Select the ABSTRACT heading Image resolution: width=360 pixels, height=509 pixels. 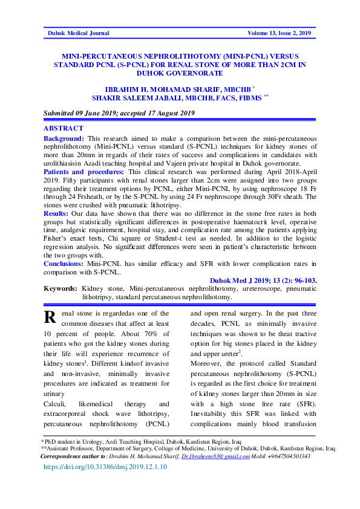tap(64, 129)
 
